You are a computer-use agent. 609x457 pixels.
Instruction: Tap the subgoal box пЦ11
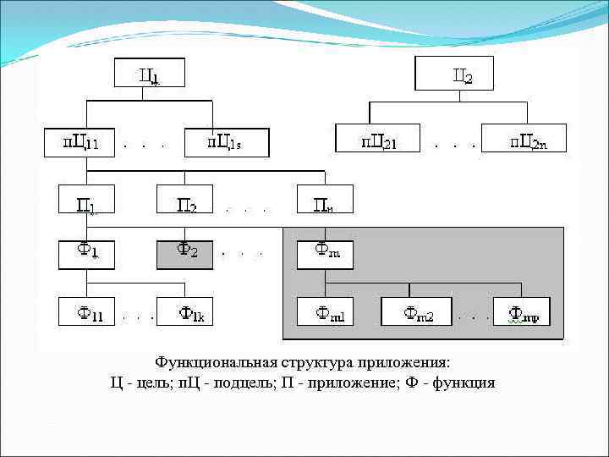tap(81, 142)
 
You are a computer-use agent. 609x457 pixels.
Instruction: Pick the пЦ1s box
tap(226, 142)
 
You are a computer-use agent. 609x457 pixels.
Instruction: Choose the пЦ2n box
tap(524, 139)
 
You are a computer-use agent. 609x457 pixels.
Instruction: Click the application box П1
tap(86, 200)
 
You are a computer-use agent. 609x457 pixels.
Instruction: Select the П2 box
tap(184, 200)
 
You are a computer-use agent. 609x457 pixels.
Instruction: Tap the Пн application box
tap(325, 200)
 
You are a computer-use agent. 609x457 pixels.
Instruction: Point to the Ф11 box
tap(86, 312)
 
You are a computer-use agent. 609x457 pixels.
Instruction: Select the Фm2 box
tap(416, 312)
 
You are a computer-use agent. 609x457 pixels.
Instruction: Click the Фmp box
tap(522, 312)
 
